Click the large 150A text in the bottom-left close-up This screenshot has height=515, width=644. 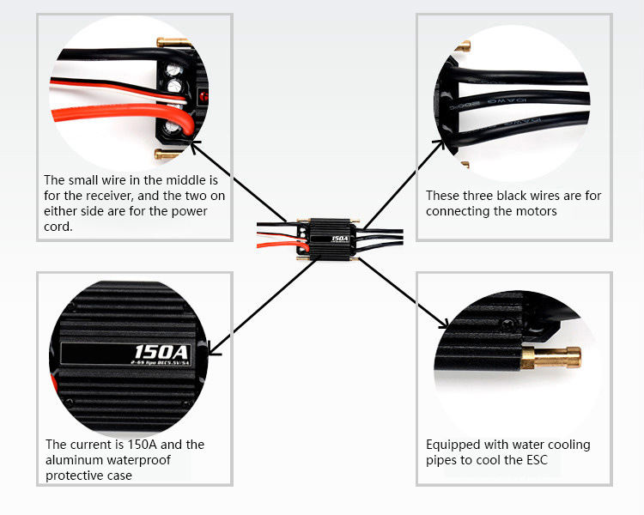(x=161, y=351)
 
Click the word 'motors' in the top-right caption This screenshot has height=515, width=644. (x=532, y=211)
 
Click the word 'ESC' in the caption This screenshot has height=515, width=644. (x=545, y=460)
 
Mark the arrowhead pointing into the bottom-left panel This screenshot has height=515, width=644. (x=208, y=347)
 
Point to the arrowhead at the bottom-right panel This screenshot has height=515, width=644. (x=444, y=324)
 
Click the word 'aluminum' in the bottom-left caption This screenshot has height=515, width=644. (x=73, y=460)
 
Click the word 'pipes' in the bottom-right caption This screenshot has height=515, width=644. (x=443, y=460)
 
